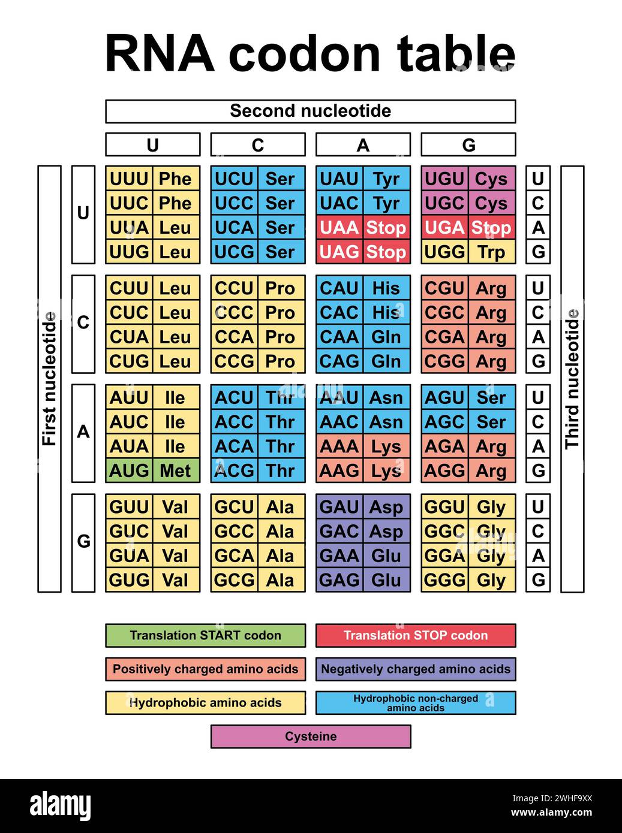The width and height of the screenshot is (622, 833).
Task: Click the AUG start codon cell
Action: (129, 470)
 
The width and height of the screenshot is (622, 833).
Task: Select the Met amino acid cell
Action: (175, 470)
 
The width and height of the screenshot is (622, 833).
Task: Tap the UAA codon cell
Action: (339, 228)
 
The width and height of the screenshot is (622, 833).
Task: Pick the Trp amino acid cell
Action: (491, 252)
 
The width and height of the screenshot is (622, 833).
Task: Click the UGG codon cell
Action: (444, 252)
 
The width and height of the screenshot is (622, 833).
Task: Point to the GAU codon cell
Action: (339, 507)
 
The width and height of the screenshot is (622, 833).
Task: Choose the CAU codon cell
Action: (339, 288)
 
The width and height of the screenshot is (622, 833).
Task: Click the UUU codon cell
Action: (129, 179)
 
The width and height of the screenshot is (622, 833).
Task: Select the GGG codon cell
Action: (444, 580)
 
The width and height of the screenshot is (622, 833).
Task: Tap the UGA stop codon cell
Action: (444, 228)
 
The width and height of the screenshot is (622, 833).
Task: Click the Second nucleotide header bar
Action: (310, 111)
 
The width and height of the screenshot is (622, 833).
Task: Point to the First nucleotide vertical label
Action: (49, 379)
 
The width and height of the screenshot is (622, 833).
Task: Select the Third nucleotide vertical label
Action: (572, 379)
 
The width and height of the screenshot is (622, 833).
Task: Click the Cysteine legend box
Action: (310, 737)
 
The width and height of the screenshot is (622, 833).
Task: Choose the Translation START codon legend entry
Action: (205, 635)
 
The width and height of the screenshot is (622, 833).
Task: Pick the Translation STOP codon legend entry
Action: (415, 635)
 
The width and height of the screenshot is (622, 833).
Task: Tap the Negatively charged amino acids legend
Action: (415, 669)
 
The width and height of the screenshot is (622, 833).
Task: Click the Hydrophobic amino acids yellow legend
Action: (205, 703)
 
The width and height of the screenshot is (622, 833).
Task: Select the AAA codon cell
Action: (339, 446)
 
